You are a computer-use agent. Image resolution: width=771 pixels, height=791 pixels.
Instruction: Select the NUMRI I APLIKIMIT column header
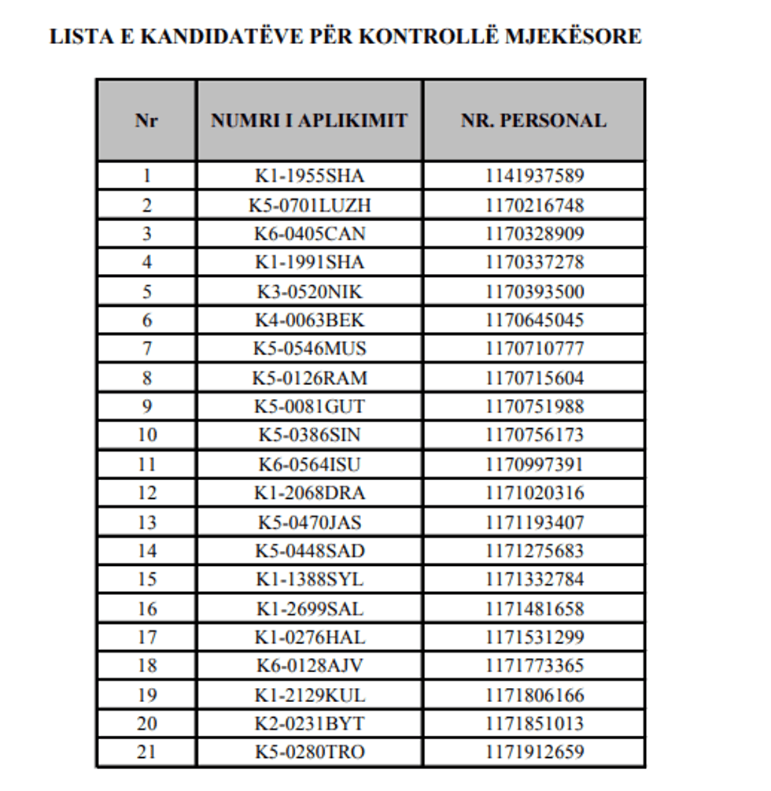[309, 120]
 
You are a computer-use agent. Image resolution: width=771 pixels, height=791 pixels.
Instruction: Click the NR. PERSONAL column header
[533, 120]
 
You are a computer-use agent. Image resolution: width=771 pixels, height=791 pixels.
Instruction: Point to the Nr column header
[146, 120]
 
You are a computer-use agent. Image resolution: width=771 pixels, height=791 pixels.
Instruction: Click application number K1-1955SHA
[309, 176]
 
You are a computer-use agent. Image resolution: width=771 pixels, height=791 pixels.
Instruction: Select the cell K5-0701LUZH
[309, 205]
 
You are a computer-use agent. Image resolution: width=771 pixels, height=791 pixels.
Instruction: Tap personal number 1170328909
[534, 234]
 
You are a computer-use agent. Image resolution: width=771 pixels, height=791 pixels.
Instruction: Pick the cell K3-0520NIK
[309, 292]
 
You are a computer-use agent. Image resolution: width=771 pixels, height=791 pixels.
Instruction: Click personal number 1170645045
[534, 320]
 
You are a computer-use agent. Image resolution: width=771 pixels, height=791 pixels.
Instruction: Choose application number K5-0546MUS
[309, 349]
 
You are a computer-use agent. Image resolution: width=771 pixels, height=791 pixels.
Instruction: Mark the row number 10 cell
[146, 434]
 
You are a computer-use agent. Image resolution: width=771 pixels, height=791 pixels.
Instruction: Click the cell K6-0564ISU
[309, 464]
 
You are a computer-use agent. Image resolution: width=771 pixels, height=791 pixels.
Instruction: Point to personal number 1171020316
[534, 493]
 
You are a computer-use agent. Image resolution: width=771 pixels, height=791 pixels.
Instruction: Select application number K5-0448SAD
[309, 550]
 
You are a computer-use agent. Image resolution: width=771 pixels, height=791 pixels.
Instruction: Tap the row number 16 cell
[146, 608]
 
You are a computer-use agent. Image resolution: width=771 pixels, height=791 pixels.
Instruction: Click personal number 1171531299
[534, 637]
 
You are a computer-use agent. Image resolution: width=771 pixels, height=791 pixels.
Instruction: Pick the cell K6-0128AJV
[309, 666]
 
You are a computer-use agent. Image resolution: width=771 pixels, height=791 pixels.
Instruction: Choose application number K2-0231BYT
[309, 723]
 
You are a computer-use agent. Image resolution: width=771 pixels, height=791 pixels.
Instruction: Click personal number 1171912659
[534, 752]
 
